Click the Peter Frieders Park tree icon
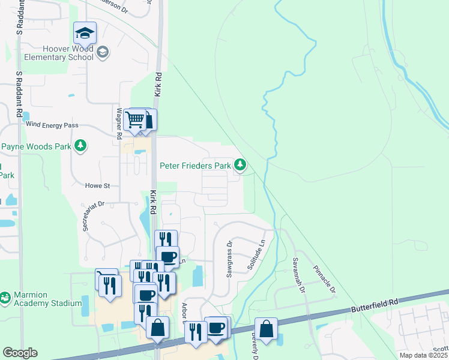(x=240, y=164)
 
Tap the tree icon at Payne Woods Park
(x=80, y=146)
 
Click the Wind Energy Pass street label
(x=52, y=125)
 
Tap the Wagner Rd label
(x=119, y=119)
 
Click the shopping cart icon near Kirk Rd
(x=137, y=119)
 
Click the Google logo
(x=19, y=353)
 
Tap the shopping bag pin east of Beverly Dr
(x=266, y=329)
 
